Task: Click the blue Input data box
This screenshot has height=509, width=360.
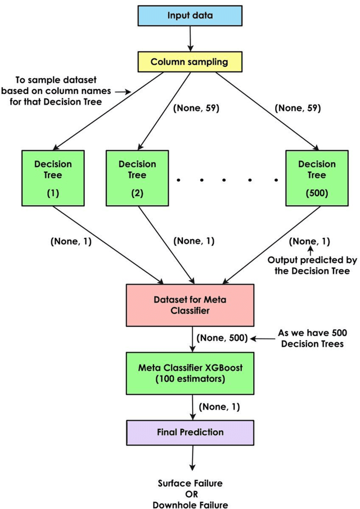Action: point(190,15)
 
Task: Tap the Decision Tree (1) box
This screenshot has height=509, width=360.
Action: point(53,178)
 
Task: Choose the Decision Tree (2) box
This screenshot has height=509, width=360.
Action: point(137,178)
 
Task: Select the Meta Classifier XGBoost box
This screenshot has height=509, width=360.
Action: point(190,373)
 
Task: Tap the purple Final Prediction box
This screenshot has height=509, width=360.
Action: point(190,433)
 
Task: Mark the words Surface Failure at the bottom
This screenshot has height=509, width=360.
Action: point(190,483)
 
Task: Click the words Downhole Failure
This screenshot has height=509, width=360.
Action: point(190,505)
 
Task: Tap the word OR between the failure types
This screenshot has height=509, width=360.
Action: point(190,494)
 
